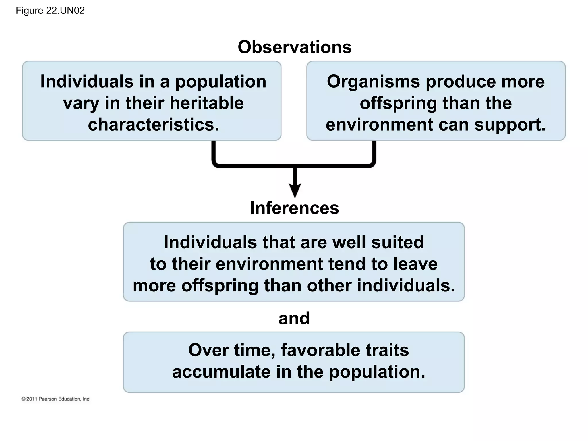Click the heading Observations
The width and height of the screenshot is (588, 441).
pyautogui.click(x=295, y=47)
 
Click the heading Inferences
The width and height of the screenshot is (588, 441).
pyautogui.click(x=295, y=208)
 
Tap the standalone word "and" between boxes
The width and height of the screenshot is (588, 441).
pyautogui.click(x=294, y=318)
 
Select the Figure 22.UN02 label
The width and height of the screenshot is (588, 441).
pyautogui.click(x=50, y=11)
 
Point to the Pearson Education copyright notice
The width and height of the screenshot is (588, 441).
pyautogui.click(x=56, y=399)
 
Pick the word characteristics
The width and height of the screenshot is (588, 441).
pyautogui.click(x=153, y=125)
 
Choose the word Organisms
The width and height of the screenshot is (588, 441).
pyautogui.click(x=373, y=82)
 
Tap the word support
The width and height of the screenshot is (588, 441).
pyautogui.click(x=510, y=125)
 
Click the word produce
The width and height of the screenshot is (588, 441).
pyautogui.click(x=461, y=82)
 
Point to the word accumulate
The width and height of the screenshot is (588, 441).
pyautogui.click(x=221, y=372)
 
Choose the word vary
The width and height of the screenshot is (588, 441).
pyautogui.click(x=81, y=104)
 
